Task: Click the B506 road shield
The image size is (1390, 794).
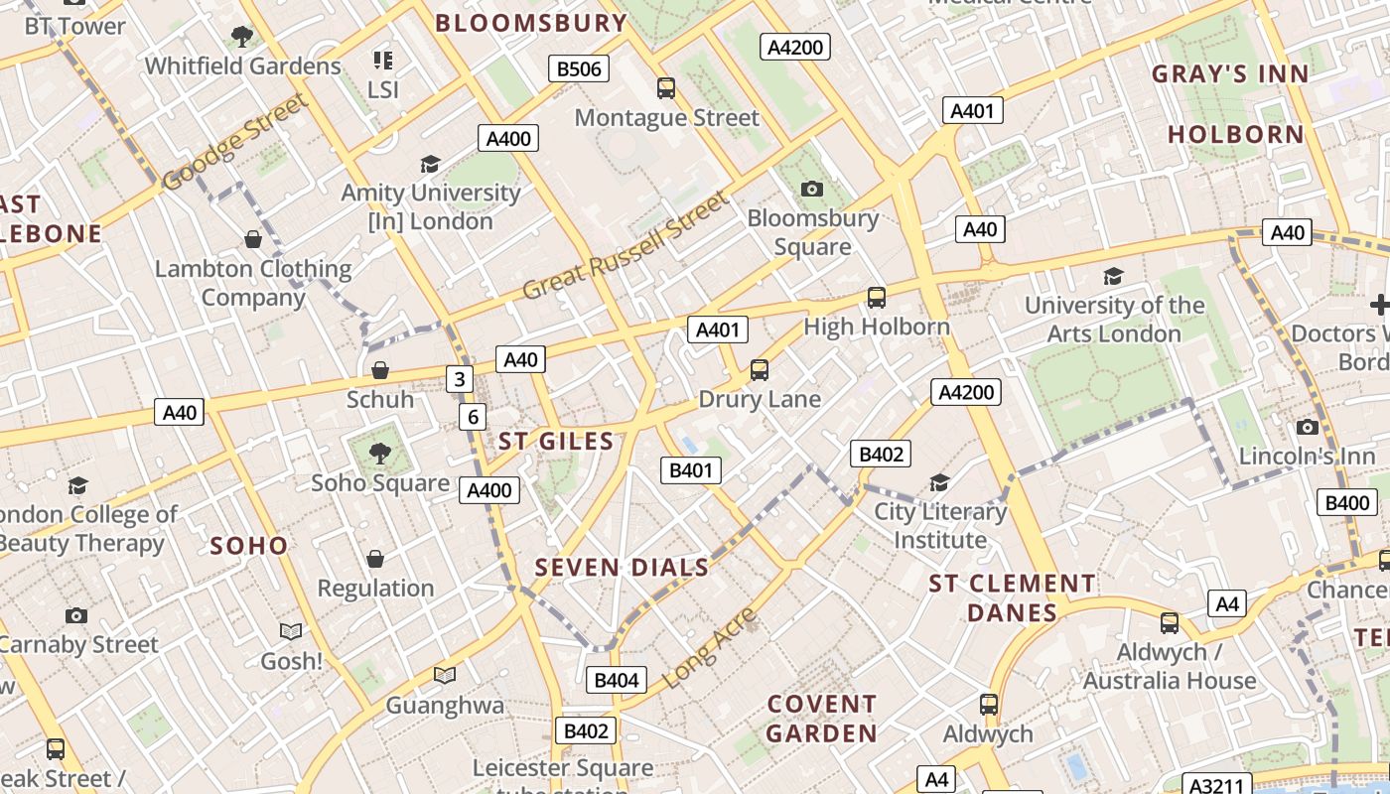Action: pyautogui.click(x=579, y=68)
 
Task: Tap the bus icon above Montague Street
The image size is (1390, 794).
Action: pyautogui.click(x=666, y=88)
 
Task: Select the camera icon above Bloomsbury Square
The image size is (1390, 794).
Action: pyautogui.click(x=812, y=189)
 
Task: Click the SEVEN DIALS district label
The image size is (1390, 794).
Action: pyautogui.click(x=622, y=568)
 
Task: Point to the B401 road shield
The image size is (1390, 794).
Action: pyautogui.click(x=690, y=470)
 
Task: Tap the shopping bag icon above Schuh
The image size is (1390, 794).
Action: pyautogui.click(x=379, y=371)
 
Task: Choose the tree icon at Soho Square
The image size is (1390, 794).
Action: pyautogui.click(x=379, y=455)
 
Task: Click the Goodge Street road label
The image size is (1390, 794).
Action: pyautogui.click(x=235, y=143)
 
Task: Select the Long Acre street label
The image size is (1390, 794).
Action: pyautogui.click(x=708, y=649)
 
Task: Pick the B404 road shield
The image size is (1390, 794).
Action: pyautogui.click(x=617, y=680)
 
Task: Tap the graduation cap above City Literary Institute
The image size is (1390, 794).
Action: pyautogui.click(x=939, y=483)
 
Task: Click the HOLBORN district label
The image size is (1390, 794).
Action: pyautogui.click(x=1235, y=134)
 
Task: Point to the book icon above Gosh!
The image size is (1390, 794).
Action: pyautogui.click(x=291, y=631)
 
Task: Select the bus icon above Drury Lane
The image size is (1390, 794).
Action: pyautogui.click(x=760, y=370)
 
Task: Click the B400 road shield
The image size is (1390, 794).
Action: pyautogui.click(x=1347, y=502)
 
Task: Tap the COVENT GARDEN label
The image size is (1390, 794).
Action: pyautogui.click(x=822, y=719)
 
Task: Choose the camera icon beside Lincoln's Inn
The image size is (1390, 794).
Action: pyautogui.click(x=1308, y=428)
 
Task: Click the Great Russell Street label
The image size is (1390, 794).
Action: pyautogui.click(x=625, y=246)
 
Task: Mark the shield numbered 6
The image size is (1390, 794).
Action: pyautogui.click(x=474, y=417)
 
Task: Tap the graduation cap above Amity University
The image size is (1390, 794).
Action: pyautogui.click(x=430, y=164)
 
